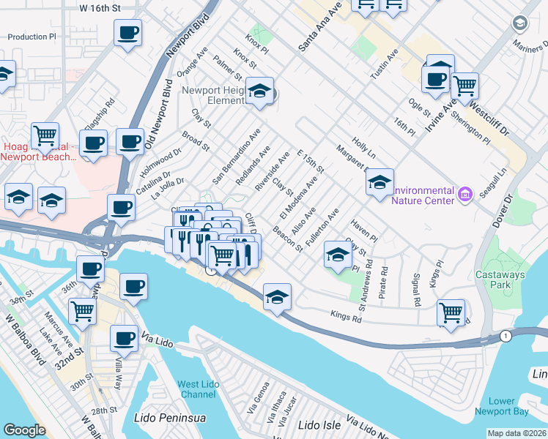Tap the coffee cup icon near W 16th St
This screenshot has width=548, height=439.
tap(127, 33)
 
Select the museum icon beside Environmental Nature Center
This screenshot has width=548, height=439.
tap(464, 194)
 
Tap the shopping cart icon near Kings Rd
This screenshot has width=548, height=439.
tap(451, 312)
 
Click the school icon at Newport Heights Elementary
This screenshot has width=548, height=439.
tap(259, 91)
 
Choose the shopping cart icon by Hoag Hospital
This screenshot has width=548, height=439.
tap(45, 136)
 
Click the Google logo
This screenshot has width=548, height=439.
tap(24, 430)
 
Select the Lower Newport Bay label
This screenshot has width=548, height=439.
tap(512, 406)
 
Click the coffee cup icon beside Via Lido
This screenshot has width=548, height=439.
tap(124, 339)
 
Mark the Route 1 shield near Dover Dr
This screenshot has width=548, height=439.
tap(506, 334)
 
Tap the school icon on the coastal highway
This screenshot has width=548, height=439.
tap(278, 296)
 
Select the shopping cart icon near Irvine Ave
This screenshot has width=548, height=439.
tap(464, 86)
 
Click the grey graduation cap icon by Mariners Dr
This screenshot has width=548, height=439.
tap(521, 23)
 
